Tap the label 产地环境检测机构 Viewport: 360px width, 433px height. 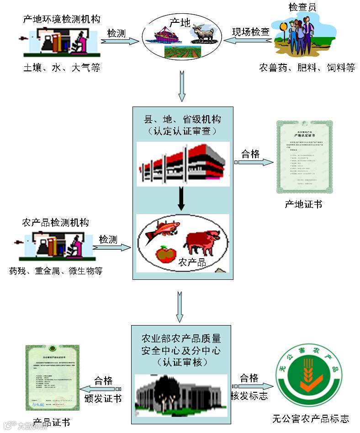pos(62,19)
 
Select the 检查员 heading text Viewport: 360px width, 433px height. pos(302,7)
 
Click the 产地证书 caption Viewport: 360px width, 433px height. pos(303,204)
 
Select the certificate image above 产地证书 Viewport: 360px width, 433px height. pos(304,157)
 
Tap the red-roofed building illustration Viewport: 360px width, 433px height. pos(183,164)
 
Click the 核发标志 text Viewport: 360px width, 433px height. pos(249,396)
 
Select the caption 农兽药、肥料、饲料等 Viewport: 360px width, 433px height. pos(307,68)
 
